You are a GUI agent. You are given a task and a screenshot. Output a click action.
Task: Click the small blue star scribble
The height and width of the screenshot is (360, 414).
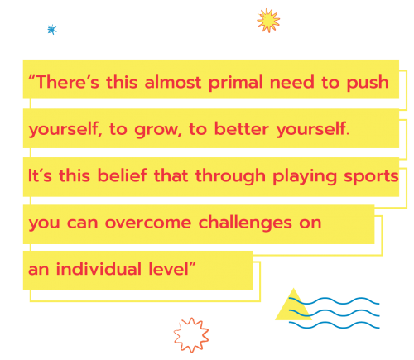(x=52, y=30)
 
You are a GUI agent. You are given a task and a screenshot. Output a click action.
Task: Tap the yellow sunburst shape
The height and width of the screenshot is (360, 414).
(x=268, y=21)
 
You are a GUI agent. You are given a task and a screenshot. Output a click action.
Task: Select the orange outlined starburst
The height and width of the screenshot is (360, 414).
(x=191, y=335)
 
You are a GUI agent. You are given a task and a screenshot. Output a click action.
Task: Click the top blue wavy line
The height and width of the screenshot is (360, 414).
(x=334, y=301)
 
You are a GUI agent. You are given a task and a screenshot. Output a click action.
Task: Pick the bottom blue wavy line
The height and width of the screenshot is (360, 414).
(x=334, y=325)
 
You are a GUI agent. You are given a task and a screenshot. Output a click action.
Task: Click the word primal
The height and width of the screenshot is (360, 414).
(x=235, y=83)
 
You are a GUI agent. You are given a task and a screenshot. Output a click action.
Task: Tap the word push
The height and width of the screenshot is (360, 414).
(x=368, y=83)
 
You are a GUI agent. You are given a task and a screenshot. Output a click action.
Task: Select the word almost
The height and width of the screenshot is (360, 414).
(x=173, y=82)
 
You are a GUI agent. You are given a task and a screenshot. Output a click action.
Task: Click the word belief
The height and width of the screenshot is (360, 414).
(x=123, y=175)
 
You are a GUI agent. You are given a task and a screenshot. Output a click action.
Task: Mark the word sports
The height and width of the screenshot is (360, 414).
(x=371, y=177)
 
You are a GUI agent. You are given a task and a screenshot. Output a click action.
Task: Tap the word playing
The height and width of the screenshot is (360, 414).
(x=305, y=176)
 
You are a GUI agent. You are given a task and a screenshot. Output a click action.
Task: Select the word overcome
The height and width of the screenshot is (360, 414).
(x=148, y=223)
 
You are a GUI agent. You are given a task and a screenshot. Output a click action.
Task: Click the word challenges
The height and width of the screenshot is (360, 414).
(x=245, y=223)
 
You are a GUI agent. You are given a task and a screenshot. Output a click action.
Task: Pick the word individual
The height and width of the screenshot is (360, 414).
(x=99, y=269)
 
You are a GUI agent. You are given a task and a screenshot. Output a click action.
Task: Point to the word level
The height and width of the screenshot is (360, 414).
(x=168, y=269)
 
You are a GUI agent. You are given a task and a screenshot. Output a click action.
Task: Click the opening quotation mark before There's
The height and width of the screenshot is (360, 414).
(x=31, y=78)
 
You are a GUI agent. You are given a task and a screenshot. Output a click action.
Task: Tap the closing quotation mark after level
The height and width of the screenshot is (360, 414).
(x=192, y=264)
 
